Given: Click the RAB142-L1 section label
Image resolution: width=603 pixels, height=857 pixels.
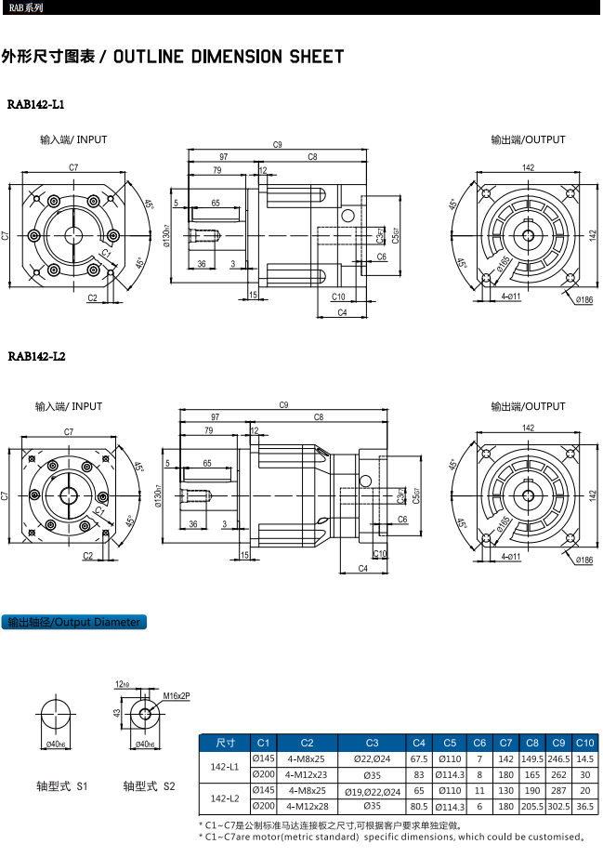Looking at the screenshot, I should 35,104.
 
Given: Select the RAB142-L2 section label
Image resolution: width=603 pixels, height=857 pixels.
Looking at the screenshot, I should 36,356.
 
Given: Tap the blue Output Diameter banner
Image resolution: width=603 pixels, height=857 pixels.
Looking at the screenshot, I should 74,622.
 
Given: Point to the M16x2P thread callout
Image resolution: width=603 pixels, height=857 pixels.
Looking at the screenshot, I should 177,695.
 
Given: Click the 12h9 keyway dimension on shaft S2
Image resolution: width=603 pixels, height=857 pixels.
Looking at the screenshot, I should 123,684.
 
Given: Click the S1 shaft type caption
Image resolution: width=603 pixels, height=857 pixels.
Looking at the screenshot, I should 62,785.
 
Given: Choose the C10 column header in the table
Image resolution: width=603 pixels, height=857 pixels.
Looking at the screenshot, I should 584,743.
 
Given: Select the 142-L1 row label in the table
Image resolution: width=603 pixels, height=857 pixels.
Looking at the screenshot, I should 225,767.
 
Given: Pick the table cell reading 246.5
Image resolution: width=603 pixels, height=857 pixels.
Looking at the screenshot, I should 558,759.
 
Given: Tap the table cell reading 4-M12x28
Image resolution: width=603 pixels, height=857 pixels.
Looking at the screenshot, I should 308,806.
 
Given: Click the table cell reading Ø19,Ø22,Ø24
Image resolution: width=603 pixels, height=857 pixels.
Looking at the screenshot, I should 372,791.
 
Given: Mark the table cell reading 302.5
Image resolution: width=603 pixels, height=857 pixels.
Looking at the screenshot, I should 558,806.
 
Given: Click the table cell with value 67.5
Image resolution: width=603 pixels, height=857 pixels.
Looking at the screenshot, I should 419,759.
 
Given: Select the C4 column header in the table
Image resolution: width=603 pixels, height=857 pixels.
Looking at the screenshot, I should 419,743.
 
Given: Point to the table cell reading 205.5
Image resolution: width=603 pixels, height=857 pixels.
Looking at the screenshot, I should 532,806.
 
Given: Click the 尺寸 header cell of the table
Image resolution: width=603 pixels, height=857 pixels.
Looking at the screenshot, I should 225,743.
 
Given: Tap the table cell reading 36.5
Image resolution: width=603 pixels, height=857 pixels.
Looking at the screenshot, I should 584,806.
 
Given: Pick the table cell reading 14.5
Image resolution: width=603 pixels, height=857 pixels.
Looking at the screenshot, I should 584,759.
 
